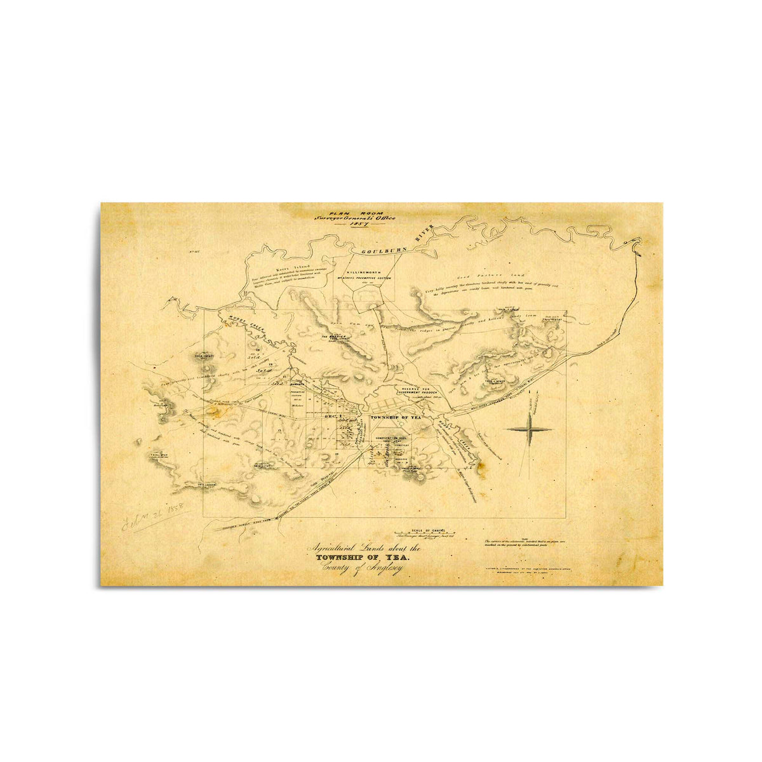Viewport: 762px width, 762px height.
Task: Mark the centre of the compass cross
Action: [529, 429]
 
